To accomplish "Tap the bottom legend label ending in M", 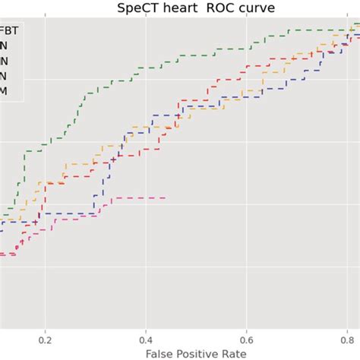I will click(x=5, y=91).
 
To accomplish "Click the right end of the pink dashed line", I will click(x=166, y=198).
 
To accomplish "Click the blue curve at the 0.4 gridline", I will click(x=146, y=125).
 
